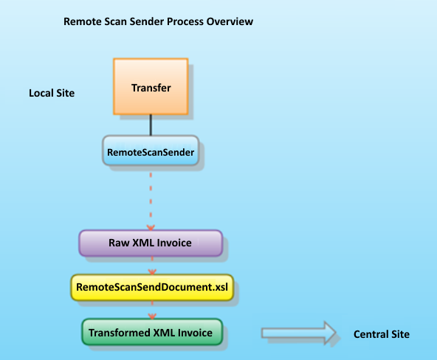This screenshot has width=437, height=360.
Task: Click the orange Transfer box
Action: pos(151,86)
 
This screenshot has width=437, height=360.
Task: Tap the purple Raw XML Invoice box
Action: pos(151,242)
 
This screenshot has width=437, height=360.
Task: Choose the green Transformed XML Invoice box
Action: pos(151,333)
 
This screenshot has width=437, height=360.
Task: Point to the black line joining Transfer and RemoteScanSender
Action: pos(151,124)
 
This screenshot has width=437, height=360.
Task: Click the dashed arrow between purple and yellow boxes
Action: pos(151,264)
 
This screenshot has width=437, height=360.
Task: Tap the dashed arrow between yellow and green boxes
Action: pos(151,309)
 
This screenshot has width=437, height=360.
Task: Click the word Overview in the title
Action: pos(230,21)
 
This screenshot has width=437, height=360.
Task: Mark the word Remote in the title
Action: pos(82,21)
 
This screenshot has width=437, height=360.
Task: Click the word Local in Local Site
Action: pos(40,94)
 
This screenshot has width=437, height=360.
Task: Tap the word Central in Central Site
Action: pos(371,334)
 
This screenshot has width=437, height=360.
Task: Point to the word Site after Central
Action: pos(399,334)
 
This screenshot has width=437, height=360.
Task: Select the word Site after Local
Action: pos(64,94)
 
